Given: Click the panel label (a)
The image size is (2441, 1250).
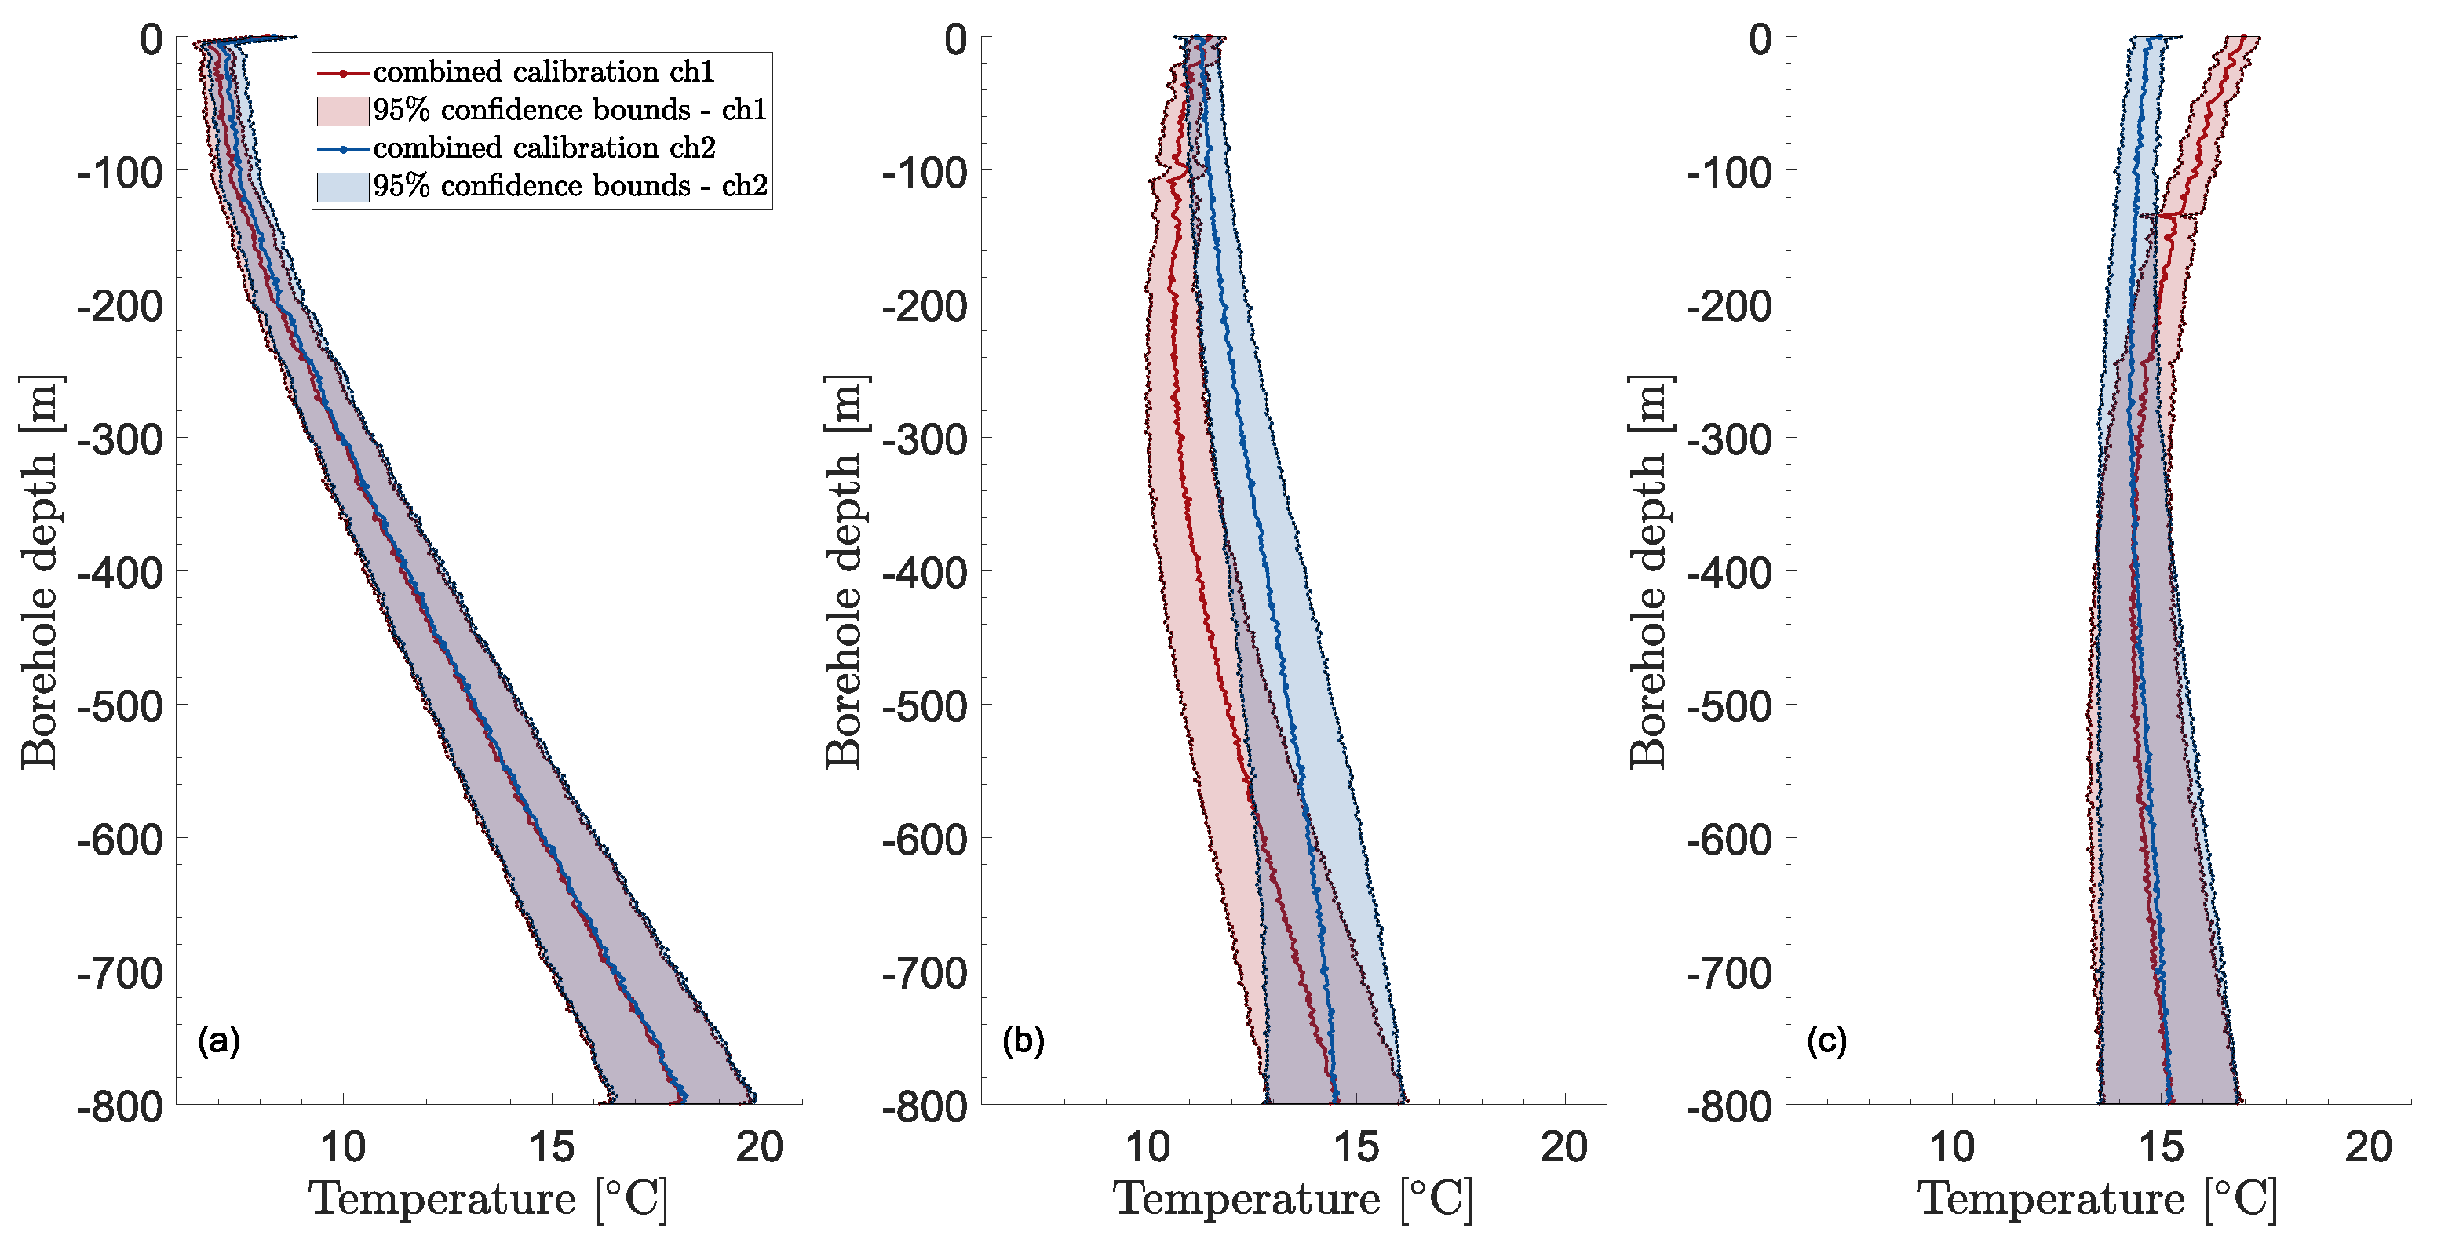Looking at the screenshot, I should pyautogui.click(x=219, y=1041).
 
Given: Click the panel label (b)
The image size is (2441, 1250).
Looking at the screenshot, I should pyautogui.click(x=1023, y=1041).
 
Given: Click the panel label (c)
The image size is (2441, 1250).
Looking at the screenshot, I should pyautogui.click(x=1827, y=1041).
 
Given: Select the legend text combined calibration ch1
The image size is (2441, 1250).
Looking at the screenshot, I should pyautogui.click(x=543, y=72).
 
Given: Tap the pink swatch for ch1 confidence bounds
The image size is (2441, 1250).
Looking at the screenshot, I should pyautogui.click(x=342, y=111).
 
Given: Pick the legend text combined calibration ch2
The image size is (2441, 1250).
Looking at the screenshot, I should pyautogui.click(x=544, y=148).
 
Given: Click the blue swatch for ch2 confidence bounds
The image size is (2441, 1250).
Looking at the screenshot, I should pyautogui.click(x=342, y=187).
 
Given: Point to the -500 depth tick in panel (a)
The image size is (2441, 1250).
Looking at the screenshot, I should pyautogui.click(x=120, y=707).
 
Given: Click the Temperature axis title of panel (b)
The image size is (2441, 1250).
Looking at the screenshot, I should pyautogui.click(x=1293, y=1200).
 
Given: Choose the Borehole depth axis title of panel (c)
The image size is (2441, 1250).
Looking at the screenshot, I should pyautogui.click(x=1650, y=572).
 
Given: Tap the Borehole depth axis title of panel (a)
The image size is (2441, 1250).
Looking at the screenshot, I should pyautogui.click(x=41, y=572).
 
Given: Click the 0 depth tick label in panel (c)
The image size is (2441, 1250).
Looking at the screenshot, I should pyautogui.click(x=1761, y=41).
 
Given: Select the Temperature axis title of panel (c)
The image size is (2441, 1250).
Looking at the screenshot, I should pyautogui.click(x=2097, y=1200).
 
